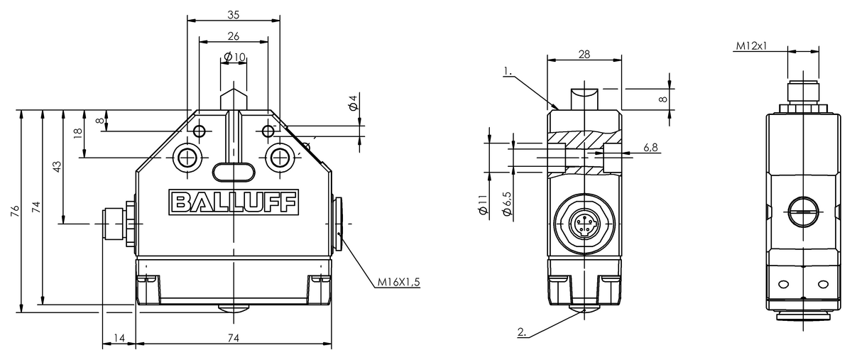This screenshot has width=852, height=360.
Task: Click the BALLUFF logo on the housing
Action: coord(234,202)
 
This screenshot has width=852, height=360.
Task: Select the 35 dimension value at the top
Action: coord(234,15)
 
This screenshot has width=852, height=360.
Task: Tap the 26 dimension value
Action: coord(234,36)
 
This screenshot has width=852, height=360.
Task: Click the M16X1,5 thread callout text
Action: coord(398,282)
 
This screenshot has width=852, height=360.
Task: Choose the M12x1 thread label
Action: coord(752,46)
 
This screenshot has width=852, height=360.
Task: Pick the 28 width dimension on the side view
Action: coord(584,55)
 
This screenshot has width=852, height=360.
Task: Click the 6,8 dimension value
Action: coord(651,147)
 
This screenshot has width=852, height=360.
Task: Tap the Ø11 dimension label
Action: coord(483,204)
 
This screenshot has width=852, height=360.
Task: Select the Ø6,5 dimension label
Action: coord(507,204)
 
